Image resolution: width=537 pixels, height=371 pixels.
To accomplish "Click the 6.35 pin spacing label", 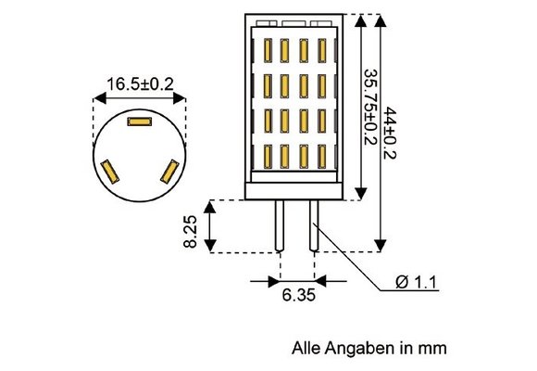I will (297, 296).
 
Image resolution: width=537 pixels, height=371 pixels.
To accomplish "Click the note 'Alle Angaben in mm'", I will (369, 349).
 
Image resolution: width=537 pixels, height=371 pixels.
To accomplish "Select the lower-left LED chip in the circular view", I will (110, 171).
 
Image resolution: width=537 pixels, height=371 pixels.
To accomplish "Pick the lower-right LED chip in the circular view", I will (169, 171).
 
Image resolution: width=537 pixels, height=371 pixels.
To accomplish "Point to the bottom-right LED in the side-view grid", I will (322, 157).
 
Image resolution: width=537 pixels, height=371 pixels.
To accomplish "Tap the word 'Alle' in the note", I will (306, 349).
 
